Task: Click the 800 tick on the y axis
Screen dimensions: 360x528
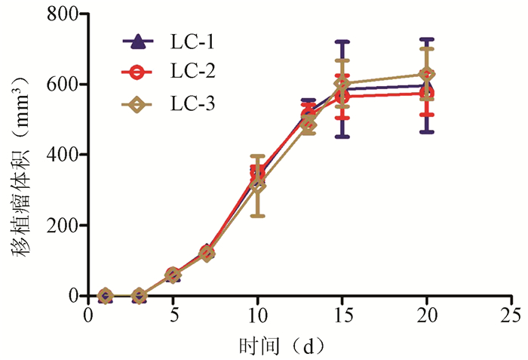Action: pos(63,14)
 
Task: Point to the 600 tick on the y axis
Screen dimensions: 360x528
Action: pos(63,84)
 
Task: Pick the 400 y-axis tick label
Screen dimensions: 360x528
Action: pos(63,155)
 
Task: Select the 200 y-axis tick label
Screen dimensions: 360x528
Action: pos(63,225)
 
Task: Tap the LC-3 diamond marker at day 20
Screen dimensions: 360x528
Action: pos(427,74)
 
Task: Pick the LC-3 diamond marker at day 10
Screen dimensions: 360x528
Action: pos(257,185)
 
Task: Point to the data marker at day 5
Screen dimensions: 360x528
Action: pos(173,275)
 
